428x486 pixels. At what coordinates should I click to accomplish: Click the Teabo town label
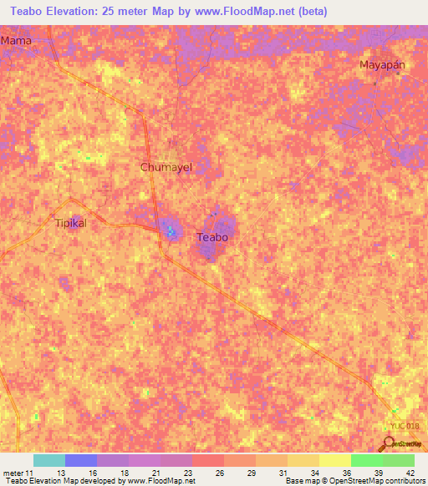212,237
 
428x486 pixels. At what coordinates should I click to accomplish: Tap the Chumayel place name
166,167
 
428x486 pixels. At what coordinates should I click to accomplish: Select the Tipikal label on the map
70,223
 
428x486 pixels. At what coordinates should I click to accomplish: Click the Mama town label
16,39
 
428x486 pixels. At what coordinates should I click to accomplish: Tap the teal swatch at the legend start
49,460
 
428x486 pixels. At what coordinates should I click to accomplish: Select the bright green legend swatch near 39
366,460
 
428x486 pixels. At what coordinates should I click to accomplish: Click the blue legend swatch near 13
81,460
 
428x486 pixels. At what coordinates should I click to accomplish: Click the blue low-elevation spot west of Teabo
170,230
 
